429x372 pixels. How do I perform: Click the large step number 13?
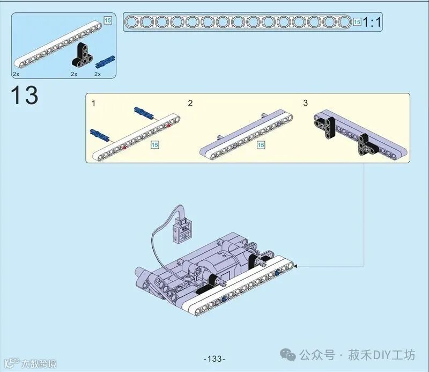pyautogui.click(x=24, y=95)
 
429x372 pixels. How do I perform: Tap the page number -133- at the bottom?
pyautogui.click(x=214, y=359)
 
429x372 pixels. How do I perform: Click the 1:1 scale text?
pyautogui.click(x=372, y=22)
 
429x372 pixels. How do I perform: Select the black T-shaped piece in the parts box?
pyautogui.click(x=83, y=55)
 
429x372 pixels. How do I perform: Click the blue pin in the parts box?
pyautogui.click(x=105, y=62)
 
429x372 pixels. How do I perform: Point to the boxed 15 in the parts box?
pyautogui.click(x=108, y=20)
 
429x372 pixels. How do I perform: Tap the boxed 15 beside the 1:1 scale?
pyautogui.click(x=357, y=22)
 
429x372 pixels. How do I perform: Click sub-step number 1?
pyautogui.click(x=93, y=103)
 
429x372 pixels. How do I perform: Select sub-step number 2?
pyautogui.click(x=190, y=103)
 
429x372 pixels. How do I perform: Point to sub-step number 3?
pyautogui.click(x=305, y=103)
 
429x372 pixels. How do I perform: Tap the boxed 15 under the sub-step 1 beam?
pyautogui.click(x=155, y=145)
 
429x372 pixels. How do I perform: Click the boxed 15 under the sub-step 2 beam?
pyautogui.click(x=261, y=145)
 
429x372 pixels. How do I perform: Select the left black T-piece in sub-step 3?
pyautogui.click(x=326, y=127)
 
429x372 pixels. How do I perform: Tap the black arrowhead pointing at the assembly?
pyautogui.click(x=295, y=266)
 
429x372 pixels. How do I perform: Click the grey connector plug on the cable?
pyautogui.click(x=182, y=230)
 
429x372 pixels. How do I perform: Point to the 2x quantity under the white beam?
pyautogui.click(x=16, y=74)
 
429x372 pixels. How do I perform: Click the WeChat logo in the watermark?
pyautogui.click(x=288, y=355)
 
